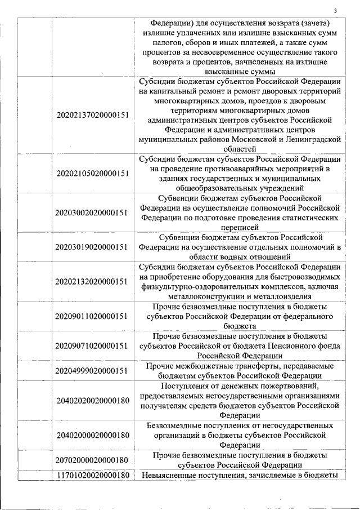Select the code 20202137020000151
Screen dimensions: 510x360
coord(93,115)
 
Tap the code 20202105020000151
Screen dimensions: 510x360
coord(93,173)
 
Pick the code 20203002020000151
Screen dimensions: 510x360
coord(93,212)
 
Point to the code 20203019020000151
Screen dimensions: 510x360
coord(93,247)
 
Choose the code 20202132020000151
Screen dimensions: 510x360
coord(93,281)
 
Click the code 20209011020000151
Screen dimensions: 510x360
coord(93,316)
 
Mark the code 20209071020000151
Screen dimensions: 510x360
coord(93,345)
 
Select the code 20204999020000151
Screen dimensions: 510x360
coord(93,370)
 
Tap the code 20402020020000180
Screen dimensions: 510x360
coord(93,400)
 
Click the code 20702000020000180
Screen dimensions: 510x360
coord(93,460)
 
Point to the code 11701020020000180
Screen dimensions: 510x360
coord(93,476)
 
